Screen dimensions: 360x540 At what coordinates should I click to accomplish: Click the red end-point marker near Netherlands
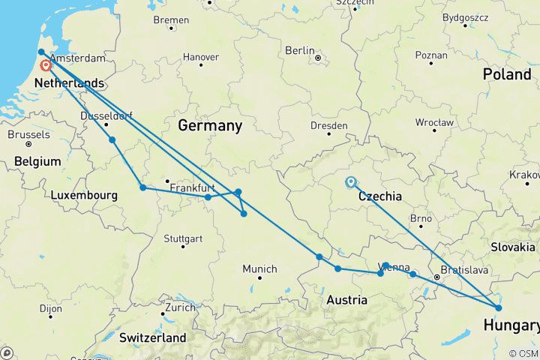click(46, 66)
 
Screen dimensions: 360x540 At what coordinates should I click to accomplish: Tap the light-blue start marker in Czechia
click(350, 181)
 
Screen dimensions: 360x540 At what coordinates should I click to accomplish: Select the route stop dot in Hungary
click(499, 307)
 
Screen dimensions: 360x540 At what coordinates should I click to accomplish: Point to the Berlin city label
click(299, 50)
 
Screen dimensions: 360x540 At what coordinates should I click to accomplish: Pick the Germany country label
click(210, 125)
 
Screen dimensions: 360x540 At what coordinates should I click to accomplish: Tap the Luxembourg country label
click(84, 195)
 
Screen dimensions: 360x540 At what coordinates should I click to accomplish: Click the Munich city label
click(259, 268)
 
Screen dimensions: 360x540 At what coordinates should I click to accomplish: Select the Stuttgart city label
click(183, 239)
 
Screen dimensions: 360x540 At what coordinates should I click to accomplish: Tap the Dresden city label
click(328, 125)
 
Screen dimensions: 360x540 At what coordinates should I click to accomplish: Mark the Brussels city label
click(28, 134)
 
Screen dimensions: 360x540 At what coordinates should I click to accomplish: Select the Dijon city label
click(50, 307)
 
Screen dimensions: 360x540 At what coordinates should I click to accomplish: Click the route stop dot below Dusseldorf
click(112, 140)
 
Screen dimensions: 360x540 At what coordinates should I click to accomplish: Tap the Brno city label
click(421, 218)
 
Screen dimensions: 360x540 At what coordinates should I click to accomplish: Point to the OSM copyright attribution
click(522, 353)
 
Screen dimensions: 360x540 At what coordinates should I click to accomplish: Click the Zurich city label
click(181, 307)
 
